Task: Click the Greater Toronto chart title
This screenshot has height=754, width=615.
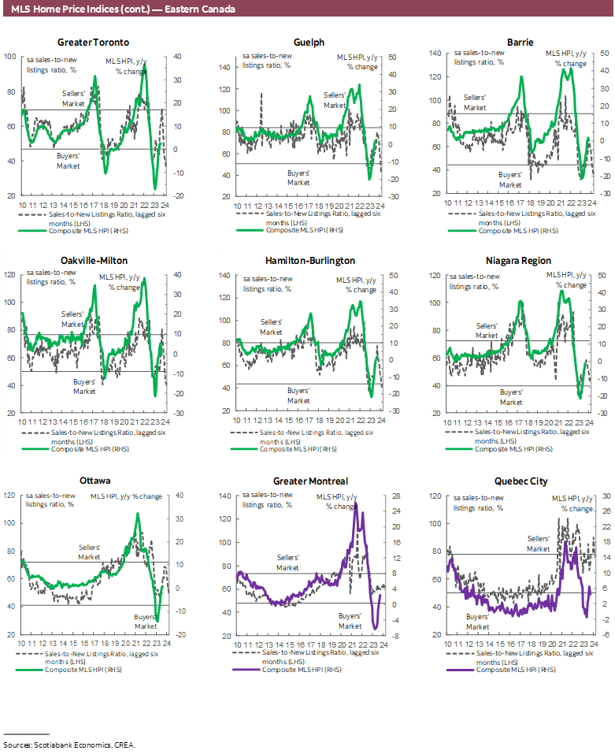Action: coord(94,43)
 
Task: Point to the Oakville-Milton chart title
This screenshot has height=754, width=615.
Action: coord(94,261)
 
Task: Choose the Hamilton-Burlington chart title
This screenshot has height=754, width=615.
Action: coord(310,261)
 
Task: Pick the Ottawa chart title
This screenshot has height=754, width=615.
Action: coord(94,481)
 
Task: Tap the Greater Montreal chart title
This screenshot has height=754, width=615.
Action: coord(310,481)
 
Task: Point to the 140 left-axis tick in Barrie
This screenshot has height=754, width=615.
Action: coord(434,54)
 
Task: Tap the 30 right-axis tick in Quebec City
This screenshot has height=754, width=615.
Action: coord(606,496)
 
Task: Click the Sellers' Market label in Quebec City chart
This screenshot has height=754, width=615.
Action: coord(539,544)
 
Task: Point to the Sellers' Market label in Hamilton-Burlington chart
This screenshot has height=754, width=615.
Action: coord(271,327)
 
